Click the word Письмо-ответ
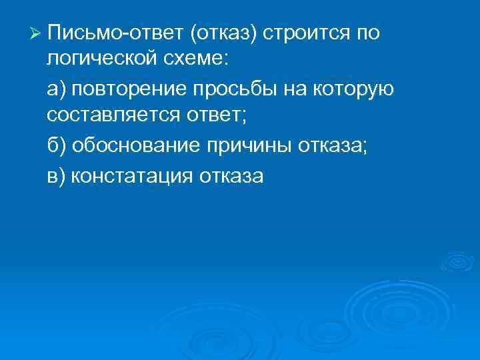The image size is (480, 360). (107, 33)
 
